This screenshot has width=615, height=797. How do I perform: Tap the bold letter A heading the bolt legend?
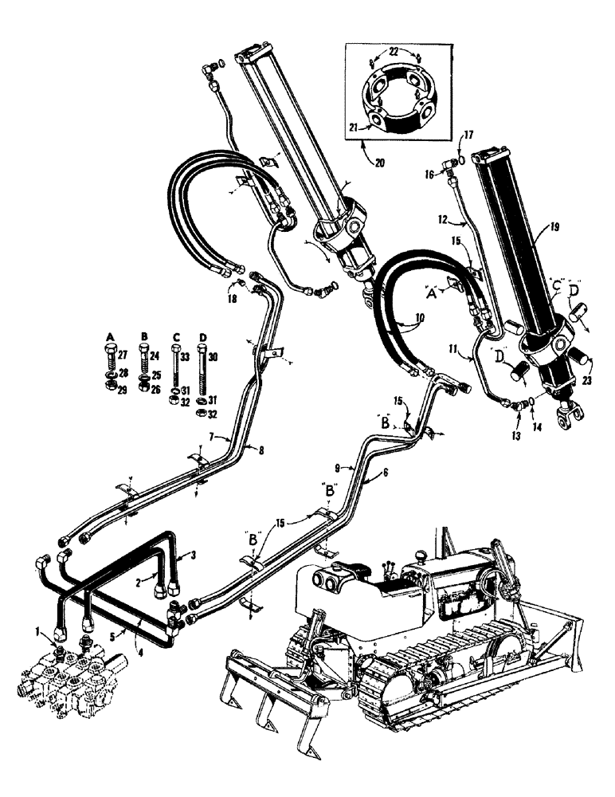point(108,335)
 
